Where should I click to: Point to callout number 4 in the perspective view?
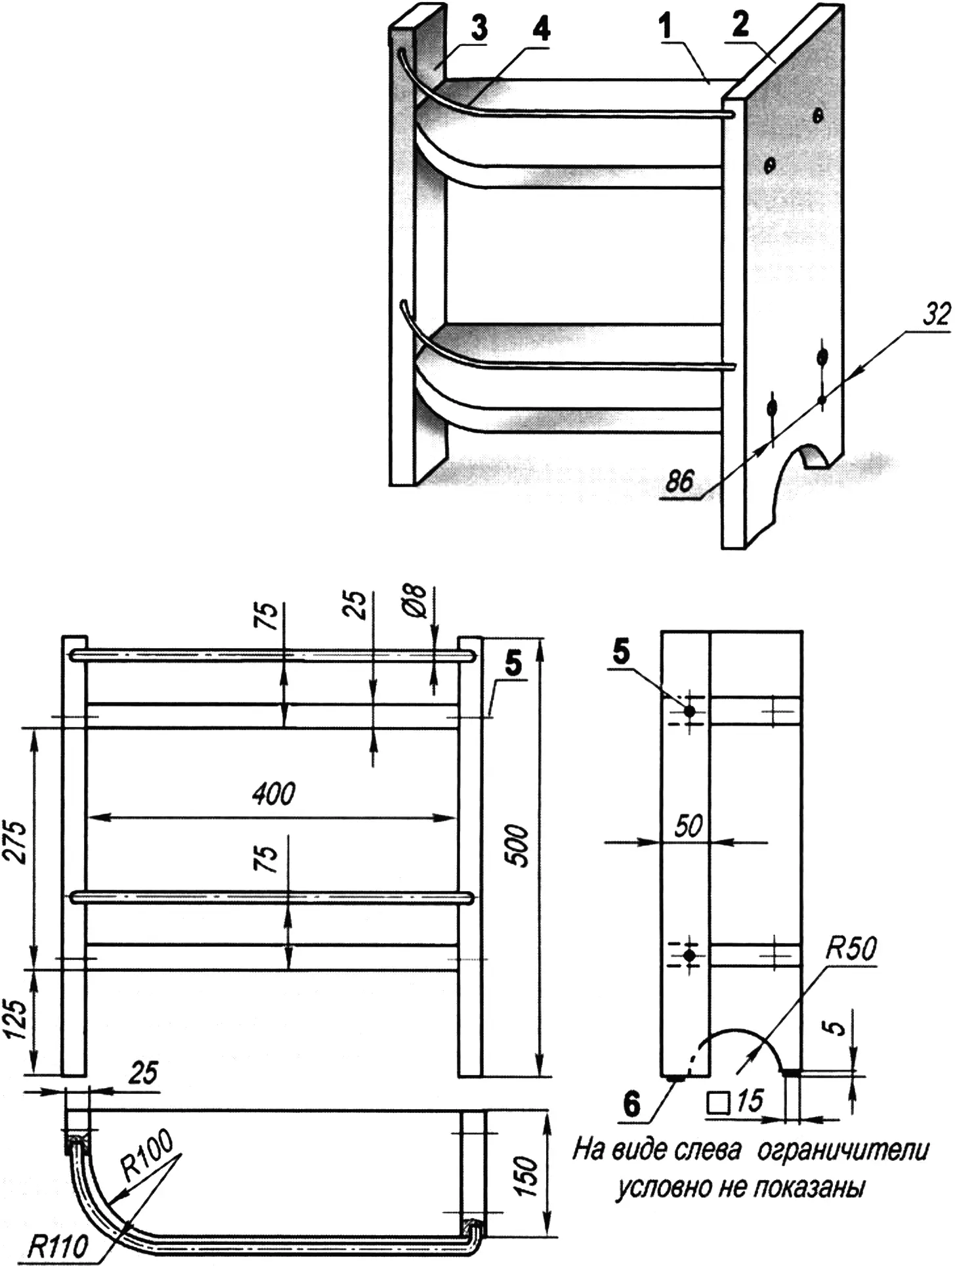pyautogui.click(x=542, y=30)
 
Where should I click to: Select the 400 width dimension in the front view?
pyautogui.click(x=274, y=794)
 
